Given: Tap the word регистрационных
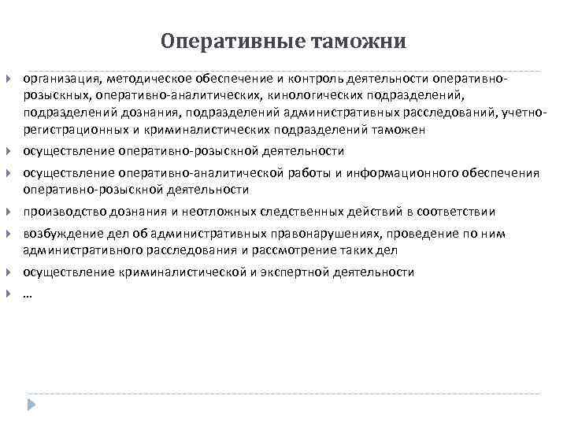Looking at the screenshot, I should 76,130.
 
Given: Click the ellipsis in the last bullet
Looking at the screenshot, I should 28,294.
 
